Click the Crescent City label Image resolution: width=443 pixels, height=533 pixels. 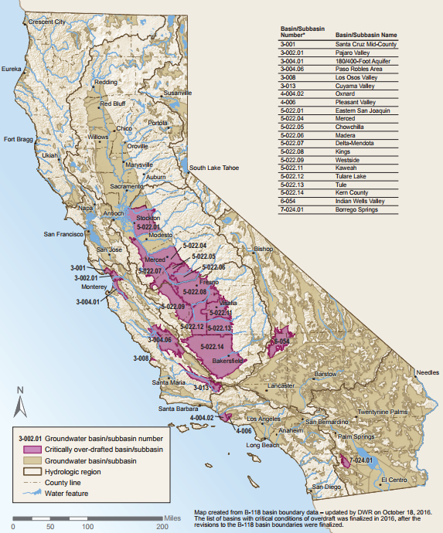pyautogui.click(x=46, y=22)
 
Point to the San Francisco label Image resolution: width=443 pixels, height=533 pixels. pyautogui.click(x=65, y=233)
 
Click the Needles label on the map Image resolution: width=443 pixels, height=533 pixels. pyautogui.click(x=427, y=372)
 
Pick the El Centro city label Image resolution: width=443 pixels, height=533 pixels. pyautogui.click(x=395, y=480)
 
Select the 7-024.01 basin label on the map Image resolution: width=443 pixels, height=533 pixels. pyautogui.click(x=361, y=460)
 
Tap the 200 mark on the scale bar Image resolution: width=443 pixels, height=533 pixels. pyautogui.click(x=162, y=525)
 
